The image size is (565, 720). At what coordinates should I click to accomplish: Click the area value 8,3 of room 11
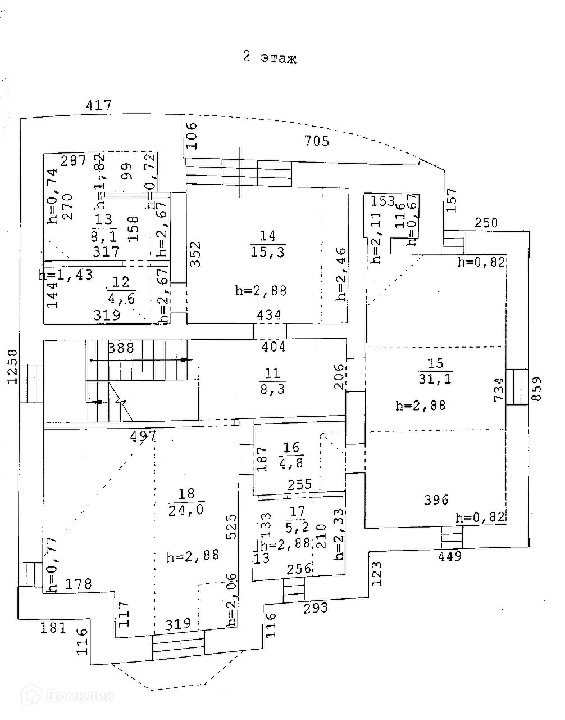tap(272, 388)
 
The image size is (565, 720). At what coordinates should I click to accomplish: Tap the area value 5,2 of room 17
tap(298, 528)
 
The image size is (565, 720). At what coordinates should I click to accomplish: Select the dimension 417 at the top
tap(98, 105)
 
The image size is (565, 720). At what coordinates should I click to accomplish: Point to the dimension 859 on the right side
tap(537, 389)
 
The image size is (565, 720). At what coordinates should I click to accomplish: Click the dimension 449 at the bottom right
tap(450, 556)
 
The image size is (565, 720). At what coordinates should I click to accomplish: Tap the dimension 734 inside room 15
tap(498, 389)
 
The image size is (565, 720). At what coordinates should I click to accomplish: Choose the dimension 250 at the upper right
tap(486, 223)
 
